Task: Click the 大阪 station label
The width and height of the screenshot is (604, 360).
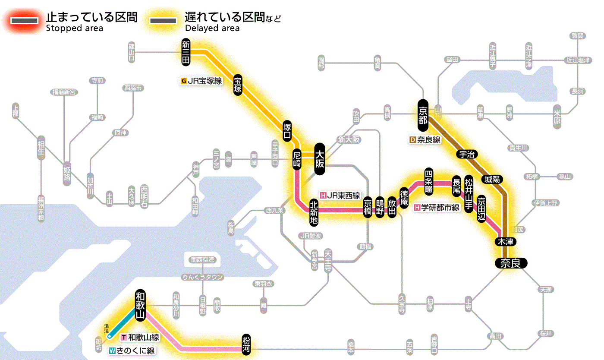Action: tap(320, 159)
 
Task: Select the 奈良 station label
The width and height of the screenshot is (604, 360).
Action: tap(511, 262)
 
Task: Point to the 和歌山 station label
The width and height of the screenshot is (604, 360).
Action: tap(140, 305)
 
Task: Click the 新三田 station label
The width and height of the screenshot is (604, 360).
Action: tap(186, 52)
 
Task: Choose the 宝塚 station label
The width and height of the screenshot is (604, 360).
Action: tap(238, 84)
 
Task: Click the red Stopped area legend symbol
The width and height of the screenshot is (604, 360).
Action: tap(26, 20)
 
